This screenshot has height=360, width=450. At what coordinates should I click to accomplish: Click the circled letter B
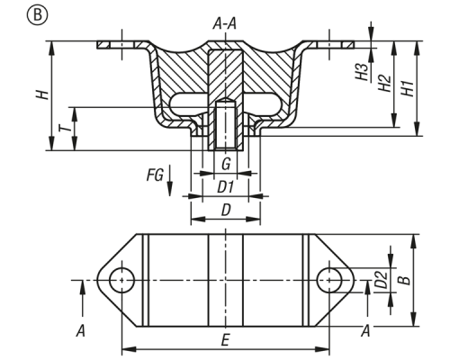click(37, 14)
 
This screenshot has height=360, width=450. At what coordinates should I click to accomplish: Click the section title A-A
click(225, 24)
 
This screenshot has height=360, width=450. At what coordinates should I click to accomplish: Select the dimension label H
click(42, 94)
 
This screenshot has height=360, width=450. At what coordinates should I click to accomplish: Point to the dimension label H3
click(363, 72)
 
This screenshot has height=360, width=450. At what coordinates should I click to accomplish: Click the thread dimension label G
click(226, 165)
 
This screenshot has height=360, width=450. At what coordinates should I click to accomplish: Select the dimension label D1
click(225, 188)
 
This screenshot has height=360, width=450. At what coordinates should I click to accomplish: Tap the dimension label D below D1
click(226, 211)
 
